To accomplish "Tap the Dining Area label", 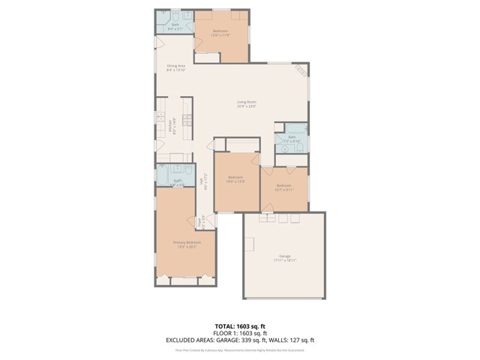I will click(x=175, y=66).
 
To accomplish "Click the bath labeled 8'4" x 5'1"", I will click(x=175, y=26).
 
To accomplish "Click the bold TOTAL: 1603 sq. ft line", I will click(x=240, y=327).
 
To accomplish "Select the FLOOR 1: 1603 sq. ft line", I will click(x=240, y=334).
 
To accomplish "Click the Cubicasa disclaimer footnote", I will click(x=240, y=349).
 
